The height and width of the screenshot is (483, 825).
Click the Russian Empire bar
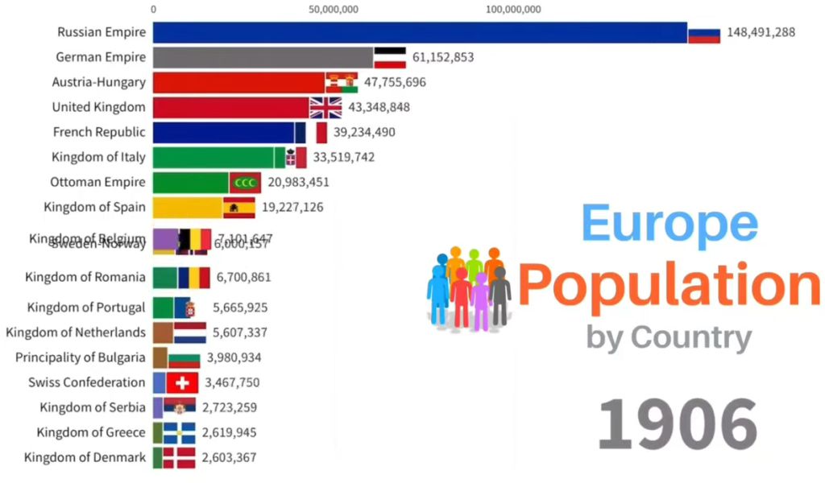click(x=419, y=32)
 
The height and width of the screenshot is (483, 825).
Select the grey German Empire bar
click(x=263, y=57)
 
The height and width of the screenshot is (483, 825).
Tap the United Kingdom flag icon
click(x=326, y=107)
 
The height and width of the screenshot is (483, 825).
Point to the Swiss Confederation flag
click(x=182, y=382)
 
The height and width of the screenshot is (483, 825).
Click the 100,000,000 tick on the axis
click(x=514, y=10)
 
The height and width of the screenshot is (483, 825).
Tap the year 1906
click(x=678, y=423)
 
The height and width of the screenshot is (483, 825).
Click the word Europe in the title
click(x=670, y=222)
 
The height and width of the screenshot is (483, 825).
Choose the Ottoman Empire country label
click(x=97, y=182)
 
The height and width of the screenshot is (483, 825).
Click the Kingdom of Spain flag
click(x=239, y=208)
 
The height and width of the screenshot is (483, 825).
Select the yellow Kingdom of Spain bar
click(x=188, y=208)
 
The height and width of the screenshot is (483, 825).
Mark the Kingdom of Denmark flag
click(x=179, y=458)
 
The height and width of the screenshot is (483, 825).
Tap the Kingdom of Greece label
click(x=91, y=432)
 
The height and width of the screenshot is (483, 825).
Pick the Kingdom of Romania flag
click(x=194, y=278)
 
